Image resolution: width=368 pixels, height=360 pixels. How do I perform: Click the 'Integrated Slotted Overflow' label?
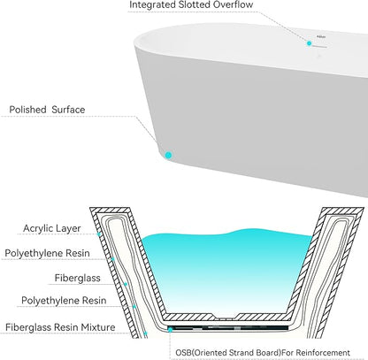pyautogui.click(x=191, y=4)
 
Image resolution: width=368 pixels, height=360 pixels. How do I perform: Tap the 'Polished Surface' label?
pyautogui.click(x=47, y=110)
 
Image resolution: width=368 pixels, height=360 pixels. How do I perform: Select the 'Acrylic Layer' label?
pyautogui.click(x=52, y=228)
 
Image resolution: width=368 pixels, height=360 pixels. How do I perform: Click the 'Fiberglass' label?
pyautogui.click(x=77, y=278)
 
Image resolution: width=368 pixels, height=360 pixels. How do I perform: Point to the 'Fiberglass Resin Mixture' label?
pyautogui.click(x=60, y=327)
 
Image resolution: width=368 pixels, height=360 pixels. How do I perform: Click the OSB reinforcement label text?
pyautogui.click(x=263, y=353)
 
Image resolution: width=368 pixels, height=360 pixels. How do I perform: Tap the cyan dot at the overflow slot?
pyautogui.click(x=309, y=43)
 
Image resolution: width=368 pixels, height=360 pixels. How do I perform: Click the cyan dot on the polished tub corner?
pyautogui.click(x=168, y=155)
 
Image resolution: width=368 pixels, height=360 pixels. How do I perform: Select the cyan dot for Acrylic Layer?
pyautogui.click(x=99, y=234)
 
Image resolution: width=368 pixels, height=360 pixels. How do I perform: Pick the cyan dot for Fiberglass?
pyautogui.click(x=126, y=284)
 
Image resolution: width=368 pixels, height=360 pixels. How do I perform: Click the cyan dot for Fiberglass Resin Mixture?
pyautogui.click(x=145, y=333)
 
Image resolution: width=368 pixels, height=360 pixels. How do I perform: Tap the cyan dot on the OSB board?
pyautogui.click(x=170, y=330)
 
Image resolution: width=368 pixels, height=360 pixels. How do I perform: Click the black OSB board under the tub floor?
pyautogui.click(x=228, y=327)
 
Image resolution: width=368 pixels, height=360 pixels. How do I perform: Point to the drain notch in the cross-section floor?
pyautogui.click(x=226, y=318)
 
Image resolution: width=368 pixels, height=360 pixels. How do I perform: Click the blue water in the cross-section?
pyautogui.click(x=226, y=272)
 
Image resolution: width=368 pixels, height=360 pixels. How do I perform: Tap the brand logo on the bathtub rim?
pyautogui.click(x=321, y=37)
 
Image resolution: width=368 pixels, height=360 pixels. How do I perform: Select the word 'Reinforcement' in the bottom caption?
pyautogui.click(x=323, y=353)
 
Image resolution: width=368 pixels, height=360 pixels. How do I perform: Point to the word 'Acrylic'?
pyautogui.click(x=36, y=228)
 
